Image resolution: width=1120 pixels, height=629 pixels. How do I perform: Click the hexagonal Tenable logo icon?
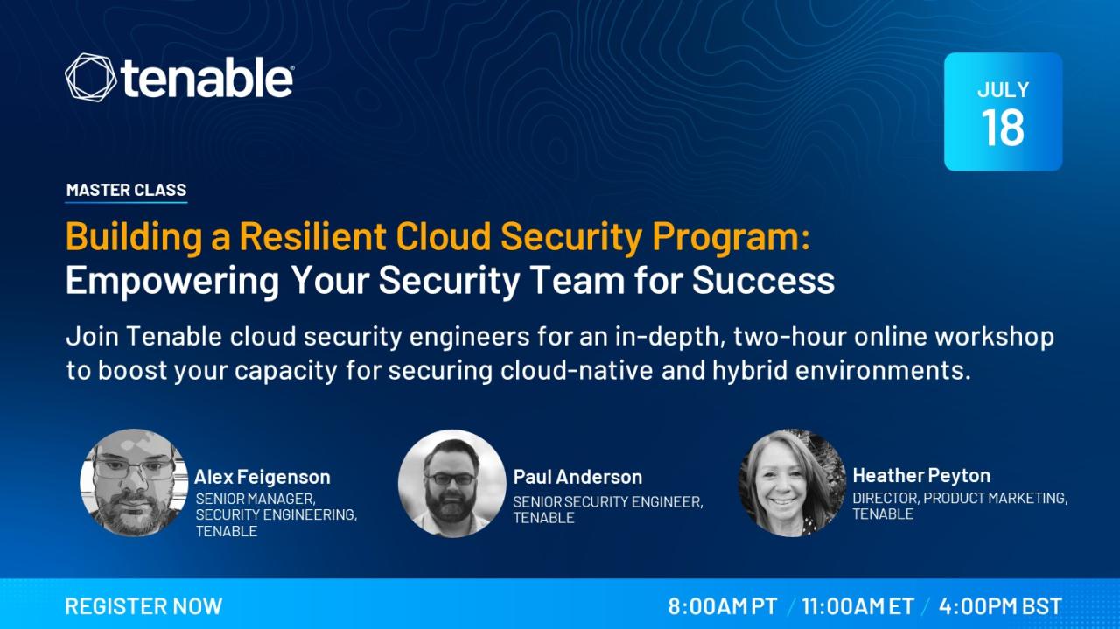coord(90,78)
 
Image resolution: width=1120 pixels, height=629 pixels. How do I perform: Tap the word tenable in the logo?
coord(206,78)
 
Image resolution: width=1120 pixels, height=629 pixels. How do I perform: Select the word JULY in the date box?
coord(1003,90)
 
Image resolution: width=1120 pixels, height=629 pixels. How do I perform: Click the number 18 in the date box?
coord(1003,128)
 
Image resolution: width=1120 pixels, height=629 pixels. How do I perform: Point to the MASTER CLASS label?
coord(127,190)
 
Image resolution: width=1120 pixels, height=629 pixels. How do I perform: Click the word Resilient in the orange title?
coord(312,236)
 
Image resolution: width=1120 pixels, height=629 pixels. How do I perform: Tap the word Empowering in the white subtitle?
coord(172,282)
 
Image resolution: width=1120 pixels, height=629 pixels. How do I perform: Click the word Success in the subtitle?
coord(764,280)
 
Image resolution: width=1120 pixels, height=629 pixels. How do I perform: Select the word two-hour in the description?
coord(789,337)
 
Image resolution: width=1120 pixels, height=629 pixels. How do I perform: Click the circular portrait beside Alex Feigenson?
coord(134,483)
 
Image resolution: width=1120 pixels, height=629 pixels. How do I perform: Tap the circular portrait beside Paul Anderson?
coord(452,483)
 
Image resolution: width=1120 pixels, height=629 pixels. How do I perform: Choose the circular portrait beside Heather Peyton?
coord(792,483)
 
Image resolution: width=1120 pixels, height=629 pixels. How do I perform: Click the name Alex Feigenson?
coord(262,477)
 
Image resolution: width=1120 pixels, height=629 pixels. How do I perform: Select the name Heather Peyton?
coord(921,476)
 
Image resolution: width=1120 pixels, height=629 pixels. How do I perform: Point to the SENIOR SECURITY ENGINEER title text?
coord(608,501)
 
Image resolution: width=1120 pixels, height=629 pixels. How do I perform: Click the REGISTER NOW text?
coord(143,606)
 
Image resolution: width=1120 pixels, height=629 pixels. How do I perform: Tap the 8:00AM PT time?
coord(723,606)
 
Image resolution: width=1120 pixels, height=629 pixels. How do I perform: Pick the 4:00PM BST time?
coord(1000,606)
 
